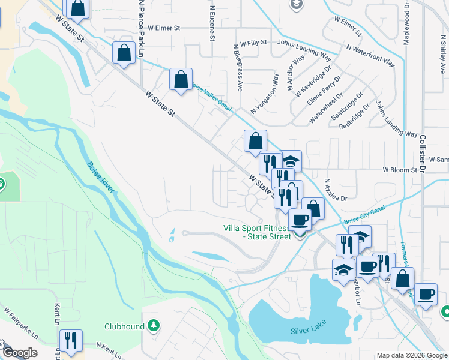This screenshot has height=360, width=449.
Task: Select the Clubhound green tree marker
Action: (x=154, y=326)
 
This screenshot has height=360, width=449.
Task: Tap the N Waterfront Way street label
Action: (x=370, y=55)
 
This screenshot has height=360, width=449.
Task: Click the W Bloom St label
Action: (x=401, y=170)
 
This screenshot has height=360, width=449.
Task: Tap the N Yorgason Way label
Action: (x=265, y=93)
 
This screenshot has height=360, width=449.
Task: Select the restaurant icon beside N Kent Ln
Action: (x=71, y=340)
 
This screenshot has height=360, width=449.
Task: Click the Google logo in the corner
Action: (x=19, y=353)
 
